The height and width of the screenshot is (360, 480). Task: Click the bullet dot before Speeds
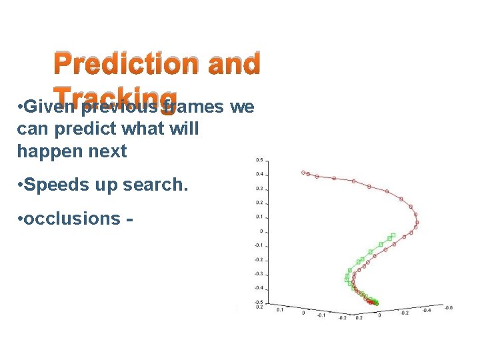click(x=21, y=185)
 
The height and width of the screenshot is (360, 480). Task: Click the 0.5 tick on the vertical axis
click(x=260, y=160)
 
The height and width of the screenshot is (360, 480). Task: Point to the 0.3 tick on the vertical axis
click(x=260, y=189)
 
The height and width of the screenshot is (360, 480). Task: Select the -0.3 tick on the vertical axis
click(x=259, y=274)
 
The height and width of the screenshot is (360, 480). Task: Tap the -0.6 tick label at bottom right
click(x=448, y=308)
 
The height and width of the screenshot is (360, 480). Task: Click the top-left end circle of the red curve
click(x=303, y=172)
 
